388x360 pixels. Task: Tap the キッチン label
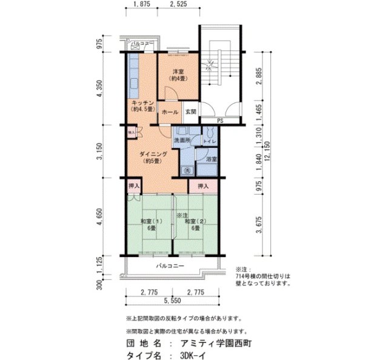(x=141, y=102)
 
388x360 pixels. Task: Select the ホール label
(x=170, y=112)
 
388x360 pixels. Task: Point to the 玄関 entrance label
(x=190, y=112)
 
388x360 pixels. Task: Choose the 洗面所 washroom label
(x=182, y=140)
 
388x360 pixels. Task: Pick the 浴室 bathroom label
(x=211, y=159)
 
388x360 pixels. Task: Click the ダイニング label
(x=149, y=154)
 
